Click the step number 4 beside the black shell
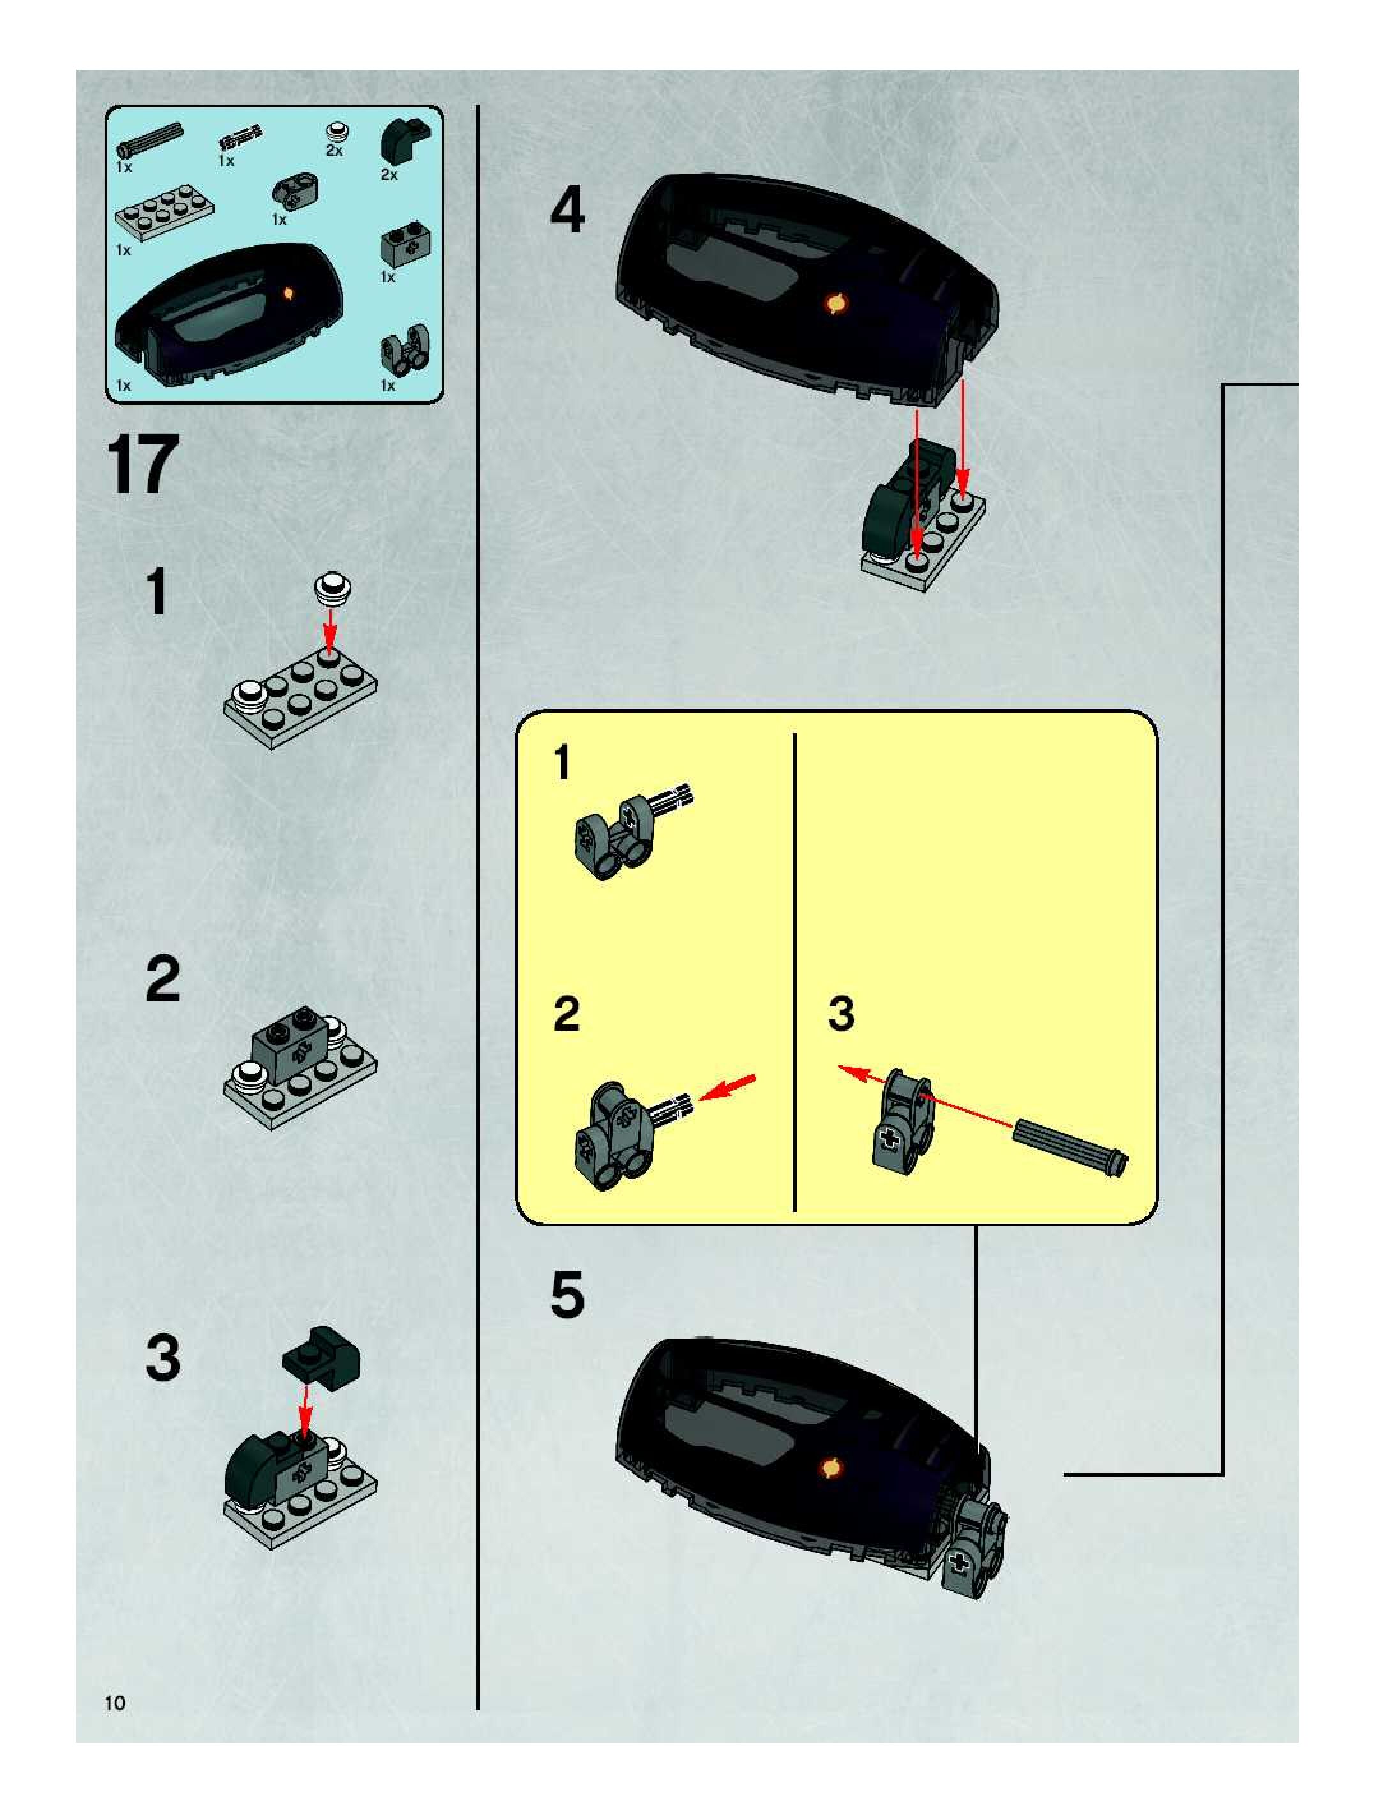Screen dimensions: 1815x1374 coord(567,209)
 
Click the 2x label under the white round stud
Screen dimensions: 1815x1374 coord(334,151)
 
